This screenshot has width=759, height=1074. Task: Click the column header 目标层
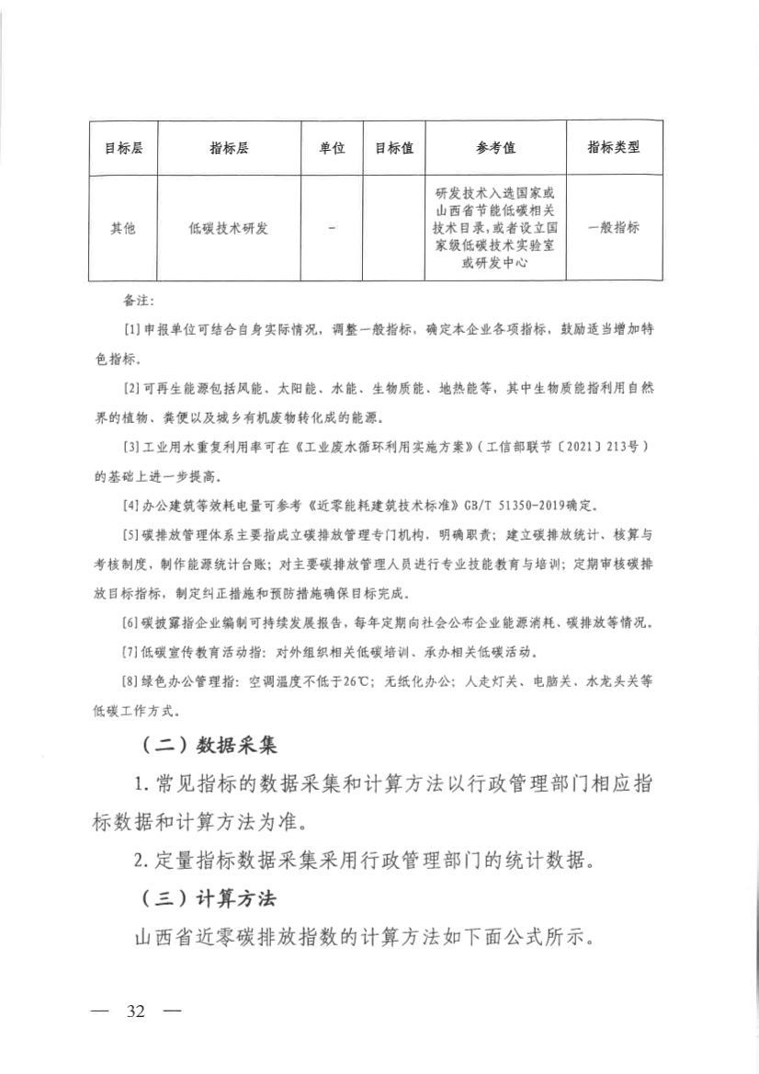[x=122, y=148]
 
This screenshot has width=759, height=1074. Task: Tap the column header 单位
[x=332, y=148]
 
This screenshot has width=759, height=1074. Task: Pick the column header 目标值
[x=393, y=148]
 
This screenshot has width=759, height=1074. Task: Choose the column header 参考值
[x=495, y=148]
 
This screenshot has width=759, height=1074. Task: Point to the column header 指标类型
[x=613, y=148]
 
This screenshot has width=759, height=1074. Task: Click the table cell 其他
[x=122, y=228]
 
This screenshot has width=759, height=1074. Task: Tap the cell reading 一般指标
[x=613, y=228]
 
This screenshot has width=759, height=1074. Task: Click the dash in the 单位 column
[x=332, y=227]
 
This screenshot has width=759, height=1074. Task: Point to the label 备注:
[x=139, y=301]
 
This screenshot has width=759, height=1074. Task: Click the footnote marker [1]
[x=130, y=328]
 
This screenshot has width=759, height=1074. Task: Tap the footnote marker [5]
[x=130, y=534]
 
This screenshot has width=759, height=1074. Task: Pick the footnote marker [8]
[x=130, y=681]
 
